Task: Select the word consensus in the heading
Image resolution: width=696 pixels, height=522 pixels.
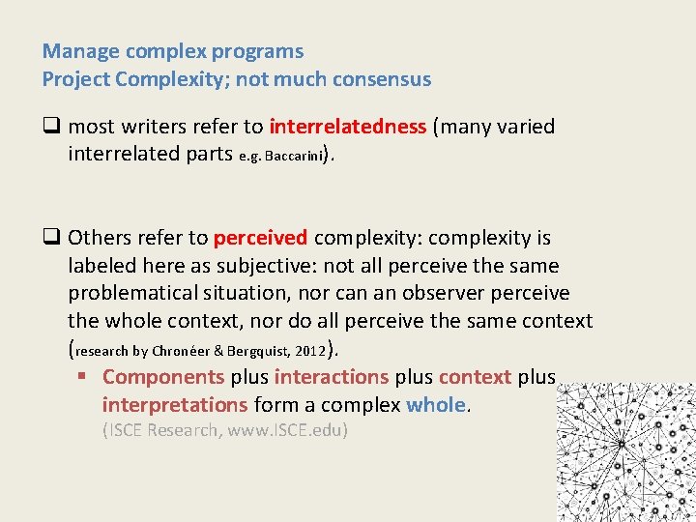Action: pos(381,79)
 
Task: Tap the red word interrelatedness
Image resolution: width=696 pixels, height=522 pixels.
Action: pos(348,127)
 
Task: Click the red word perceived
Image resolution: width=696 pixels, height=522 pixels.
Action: pos(261,238)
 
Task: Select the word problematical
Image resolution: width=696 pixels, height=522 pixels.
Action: pos(141,293)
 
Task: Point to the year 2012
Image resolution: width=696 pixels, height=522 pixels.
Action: pos(310,352)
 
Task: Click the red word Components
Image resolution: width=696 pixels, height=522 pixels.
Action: pos(163,377)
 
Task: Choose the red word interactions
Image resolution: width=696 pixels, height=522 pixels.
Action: pos(332,377)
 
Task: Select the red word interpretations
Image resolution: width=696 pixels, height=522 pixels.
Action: pos(175,405)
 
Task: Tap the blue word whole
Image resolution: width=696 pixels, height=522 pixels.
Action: pos(436,405)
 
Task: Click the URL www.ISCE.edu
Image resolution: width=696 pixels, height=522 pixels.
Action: pos(284,430)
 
